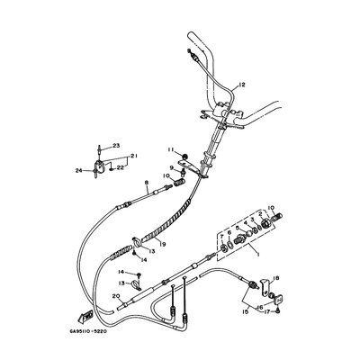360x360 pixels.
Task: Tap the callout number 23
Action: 115,146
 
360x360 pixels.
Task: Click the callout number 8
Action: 147,184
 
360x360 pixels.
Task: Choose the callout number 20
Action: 115,295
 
